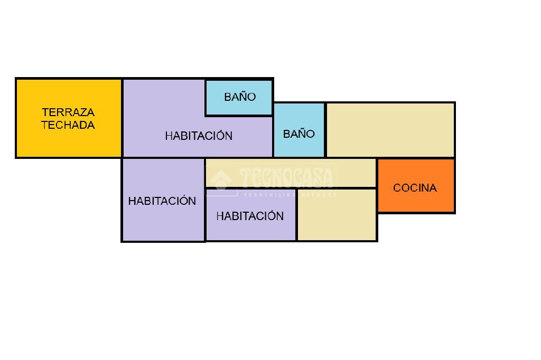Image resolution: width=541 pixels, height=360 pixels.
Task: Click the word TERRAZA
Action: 68,112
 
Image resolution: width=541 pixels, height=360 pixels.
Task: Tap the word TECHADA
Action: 68,125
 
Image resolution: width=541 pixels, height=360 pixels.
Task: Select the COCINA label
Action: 415,188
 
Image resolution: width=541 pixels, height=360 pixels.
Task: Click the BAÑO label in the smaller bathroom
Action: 240,97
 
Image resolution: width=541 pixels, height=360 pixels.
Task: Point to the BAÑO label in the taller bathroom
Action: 299,134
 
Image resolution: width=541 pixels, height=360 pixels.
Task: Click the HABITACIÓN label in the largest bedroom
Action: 199,136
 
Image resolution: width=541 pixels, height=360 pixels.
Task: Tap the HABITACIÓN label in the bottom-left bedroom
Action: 162,201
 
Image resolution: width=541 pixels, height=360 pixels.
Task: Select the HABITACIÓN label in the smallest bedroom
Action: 250,216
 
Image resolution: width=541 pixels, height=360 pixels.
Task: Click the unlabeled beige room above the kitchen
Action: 390,130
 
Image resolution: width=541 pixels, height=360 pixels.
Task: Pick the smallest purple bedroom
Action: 250,230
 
